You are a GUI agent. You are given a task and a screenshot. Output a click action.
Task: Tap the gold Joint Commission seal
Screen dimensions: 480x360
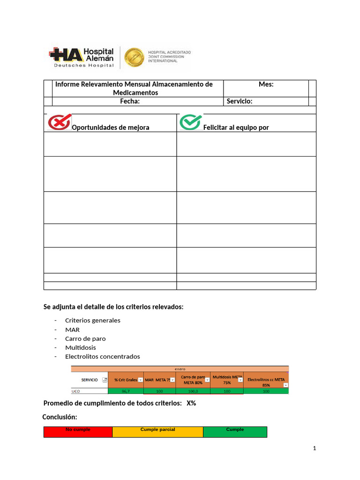[134, 57]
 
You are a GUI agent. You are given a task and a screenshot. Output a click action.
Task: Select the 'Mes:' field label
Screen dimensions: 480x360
[266, 84]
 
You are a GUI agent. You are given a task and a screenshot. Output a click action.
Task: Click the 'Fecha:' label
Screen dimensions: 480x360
[129, 101]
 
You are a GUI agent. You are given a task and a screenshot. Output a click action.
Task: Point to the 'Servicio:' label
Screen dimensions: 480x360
[240, 101]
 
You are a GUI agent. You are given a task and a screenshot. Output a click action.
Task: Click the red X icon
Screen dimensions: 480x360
[60, 122]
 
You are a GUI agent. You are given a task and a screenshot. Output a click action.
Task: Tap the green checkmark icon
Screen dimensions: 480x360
[191, 122]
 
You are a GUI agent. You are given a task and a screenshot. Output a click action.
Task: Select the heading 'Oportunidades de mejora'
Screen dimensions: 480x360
[110, 127]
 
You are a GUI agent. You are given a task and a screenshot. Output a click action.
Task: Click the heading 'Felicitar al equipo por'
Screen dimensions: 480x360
[236, 127]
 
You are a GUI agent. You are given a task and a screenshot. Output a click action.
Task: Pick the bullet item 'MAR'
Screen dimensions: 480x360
[72, 330]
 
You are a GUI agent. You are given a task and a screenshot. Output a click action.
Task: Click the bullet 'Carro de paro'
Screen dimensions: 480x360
[85, 338]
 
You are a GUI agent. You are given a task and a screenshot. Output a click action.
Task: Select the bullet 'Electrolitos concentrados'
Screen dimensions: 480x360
[102, 356]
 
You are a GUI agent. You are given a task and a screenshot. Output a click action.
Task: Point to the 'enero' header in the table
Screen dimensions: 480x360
[180, 368]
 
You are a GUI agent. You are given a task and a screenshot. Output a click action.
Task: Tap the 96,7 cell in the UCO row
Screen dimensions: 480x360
[125, 391]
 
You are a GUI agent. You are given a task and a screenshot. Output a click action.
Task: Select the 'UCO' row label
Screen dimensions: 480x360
[76, 391]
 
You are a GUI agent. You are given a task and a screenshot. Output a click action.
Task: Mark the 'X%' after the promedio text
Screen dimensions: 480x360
[191, 403]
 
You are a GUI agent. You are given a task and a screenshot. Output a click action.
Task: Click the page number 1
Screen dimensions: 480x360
[315, 449]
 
